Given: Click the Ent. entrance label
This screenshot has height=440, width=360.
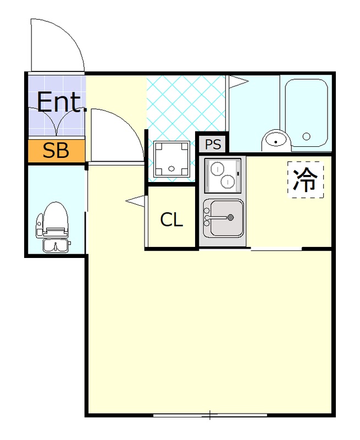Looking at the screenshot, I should pyautogui.click(x=62, y=102).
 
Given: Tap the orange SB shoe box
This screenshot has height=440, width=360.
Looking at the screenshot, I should pyautogui.click(x=56, y=151).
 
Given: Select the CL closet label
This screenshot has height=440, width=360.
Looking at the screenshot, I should pyautogui.click(x=171, y=220).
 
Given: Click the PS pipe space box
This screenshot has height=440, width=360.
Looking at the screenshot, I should pyautogui.click(x=213, y=145).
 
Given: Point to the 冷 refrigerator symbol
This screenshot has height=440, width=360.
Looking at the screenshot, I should pyautogui.click(x=306, y=179).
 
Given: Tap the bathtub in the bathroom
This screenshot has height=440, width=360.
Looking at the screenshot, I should pyautogui.click(x=306, y=113).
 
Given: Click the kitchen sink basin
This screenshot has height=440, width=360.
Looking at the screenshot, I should pyautogui.click(x=225, y=217).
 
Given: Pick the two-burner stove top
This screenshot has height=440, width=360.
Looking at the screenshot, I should pyautogui.click(x=223, y=174).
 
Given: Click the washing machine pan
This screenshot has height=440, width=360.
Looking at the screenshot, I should pyautogui.click(x=171, y=159).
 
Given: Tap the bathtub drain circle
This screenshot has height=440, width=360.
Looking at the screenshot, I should pyautogui.click(x=306, y=136).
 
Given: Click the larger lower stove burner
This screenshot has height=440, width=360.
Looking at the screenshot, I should pyautogui.click(x=226, y=182).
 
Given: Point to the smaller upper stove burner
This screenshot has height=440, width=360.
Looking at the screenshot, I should pyautogui.click(x=218, y=167).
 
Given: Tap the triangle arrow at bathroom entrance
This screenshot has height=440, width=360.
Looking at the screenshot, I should pyautogui.click(x=238, y=82).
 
